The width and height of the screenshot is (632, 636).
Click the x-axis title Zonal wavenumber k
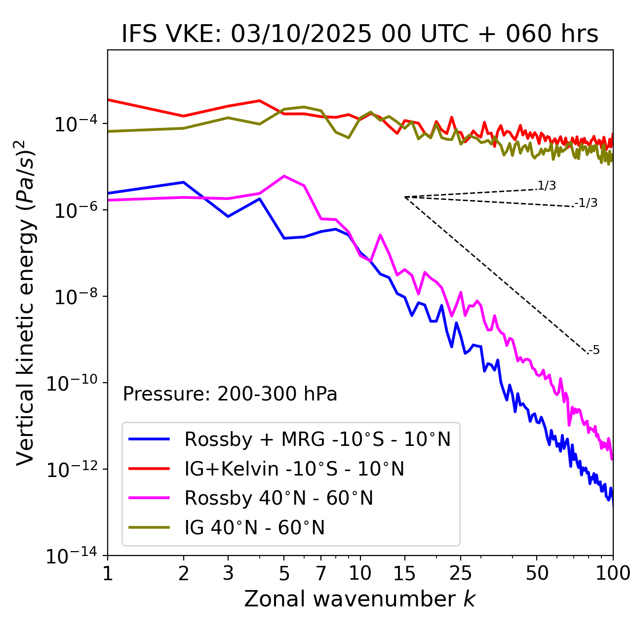(359, 599)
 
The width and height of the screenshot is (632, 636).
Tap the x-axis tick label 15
(404, 573)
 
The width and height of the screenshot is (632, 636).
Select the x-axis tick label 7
(321, 573)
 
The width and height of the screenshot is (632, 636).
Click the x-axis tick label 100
(613, 573)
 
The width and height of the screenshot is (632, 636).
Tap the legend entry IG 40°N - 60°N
(254, 528)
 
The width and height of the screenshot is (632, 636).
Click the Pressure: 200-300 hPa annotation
(230, 394)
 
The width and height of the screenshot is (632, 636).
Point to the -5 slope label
(594, 350)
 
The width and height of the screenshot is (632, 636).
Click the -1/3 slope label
(586, 203)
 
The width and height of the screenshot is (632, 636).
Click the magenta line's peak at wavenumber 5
(284, 176)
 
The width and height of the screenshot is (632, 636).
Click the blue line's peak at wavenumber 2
(184, 182)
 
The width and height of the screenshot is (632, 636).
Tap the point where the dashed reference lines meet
(405, 197)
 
